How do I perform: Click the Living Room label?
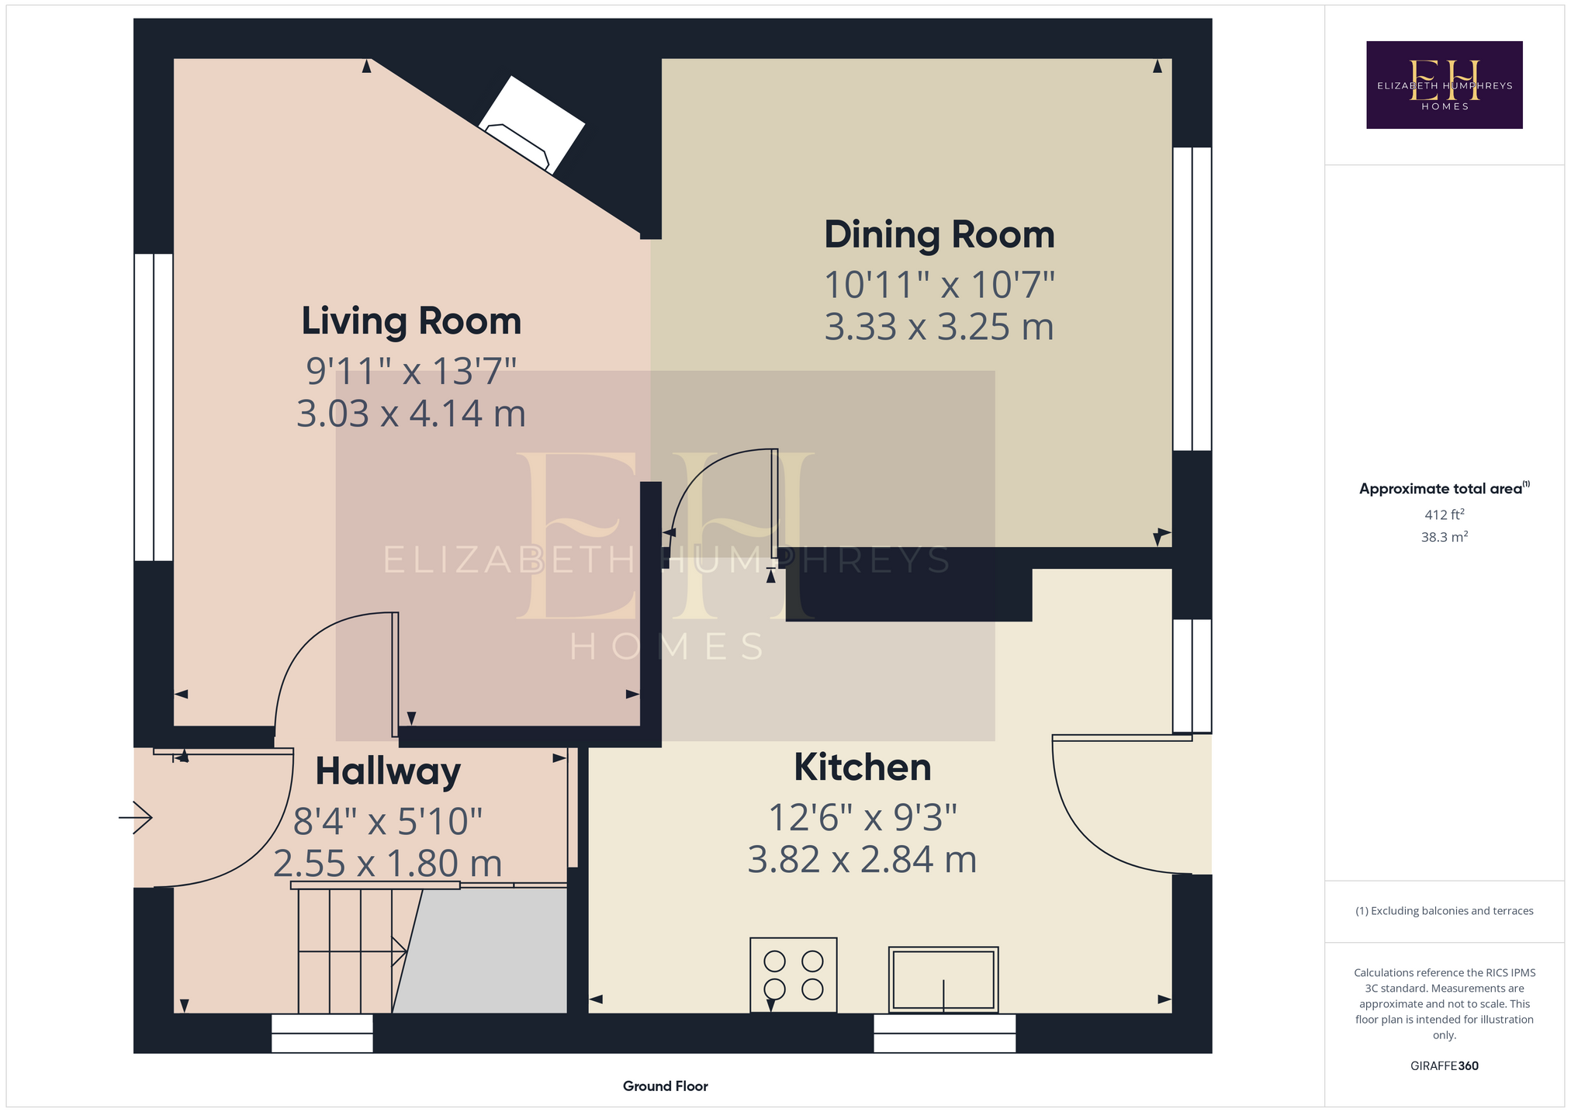[411, 321]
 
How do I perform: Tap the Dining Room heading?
[939, 234]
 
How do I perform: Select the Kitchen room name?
[863, 767]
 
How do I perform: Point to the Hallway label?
[388, 772]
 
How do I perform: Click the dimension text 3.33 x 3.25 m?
[939, 327]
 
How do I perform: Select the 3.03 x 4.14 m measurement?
[411, 414]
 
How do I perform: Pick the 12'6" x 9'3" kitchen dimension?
[863, 817]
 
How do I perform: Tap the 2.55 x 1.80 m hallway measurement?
[388, 864]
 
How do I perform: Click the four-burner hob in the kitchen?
[793, 975]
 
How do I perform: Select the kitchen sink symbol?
[943, 979]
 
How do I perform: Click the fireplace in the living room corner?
[532, 124]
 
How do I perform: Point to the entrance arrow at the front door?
[135, 817]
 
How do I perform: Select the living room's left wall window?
[154, 407]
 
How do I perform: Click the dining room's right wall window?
[1192, 299]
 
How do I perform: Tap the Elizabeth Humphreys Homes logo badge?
[1444, 85]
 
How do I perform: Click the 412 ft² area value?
[1444, 514]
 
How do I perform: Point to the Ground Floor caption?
[666, 1086]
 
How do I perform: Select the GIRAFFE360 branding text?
[1444, 1065]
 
